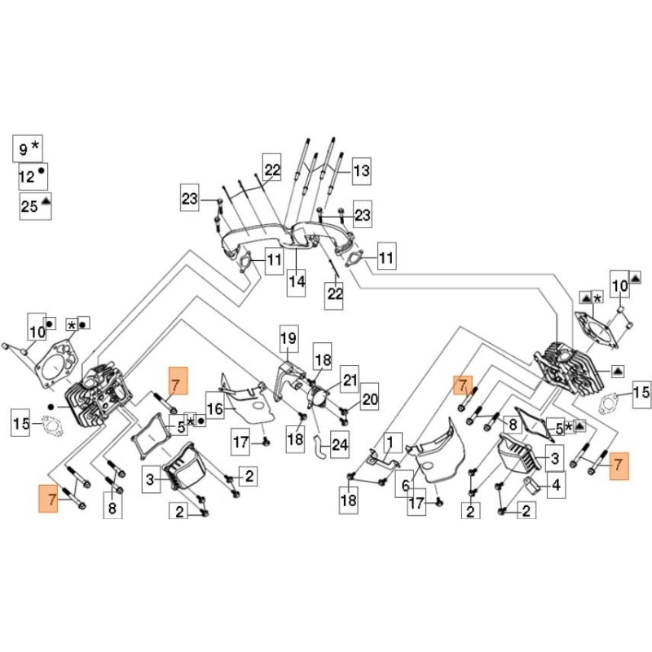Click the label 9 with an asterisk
pos(29,148)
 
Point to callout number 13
pos(360,170)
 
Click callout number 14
pos(296,281)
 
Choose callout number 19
pos(288,337)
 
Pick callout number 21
pos(350,379)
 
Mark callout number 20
pos(370,399)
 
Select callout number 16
pos(214,407)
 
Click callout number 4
pos(555,487)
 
